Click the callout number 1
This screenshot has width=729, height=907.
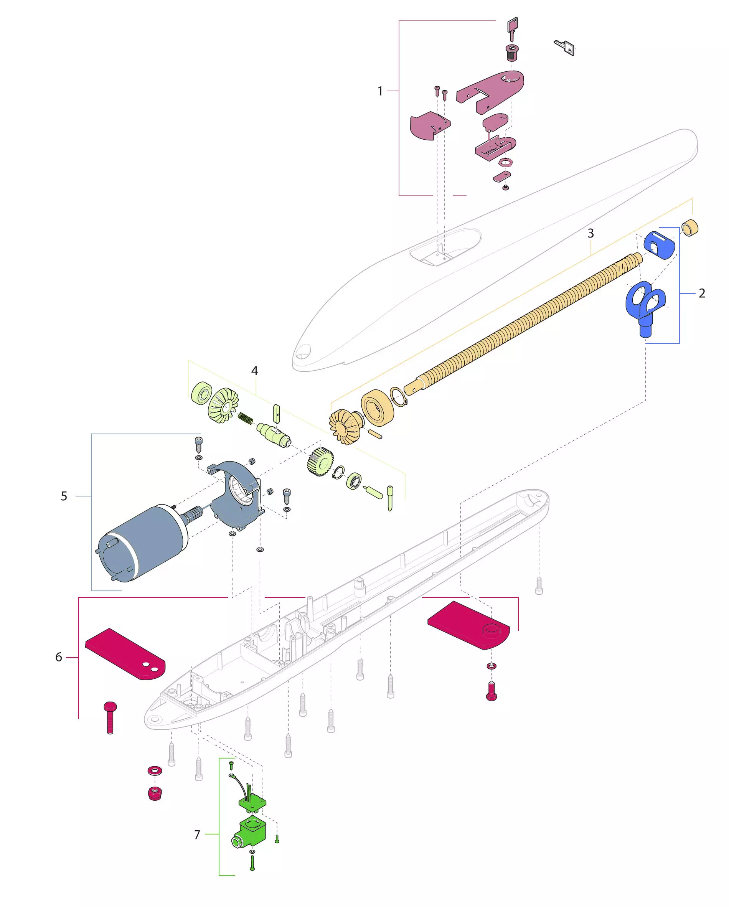point(380,91)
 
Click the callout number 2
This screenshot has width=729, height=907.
point(702,293)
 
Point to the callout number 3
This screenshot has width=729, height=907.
point(590,233)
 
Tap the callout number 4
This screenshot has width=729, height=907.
point(254,371)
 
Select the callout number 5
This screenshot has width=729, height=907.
point(64,496)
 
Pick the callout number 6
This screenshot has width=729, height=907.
point(58,657)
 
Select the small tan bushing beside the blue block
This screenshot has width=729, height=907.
point(690,228)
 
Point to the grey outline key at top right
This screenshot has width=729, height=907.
point(564,47)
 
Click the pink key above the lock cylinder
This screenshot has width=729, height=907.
point(512,29)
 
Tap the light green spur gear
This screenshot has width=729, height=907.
point(319,462)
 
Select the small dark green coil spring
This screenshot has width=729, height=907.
point(245,418)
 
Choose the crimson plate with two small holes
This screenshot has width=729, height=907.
point(125,654)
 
